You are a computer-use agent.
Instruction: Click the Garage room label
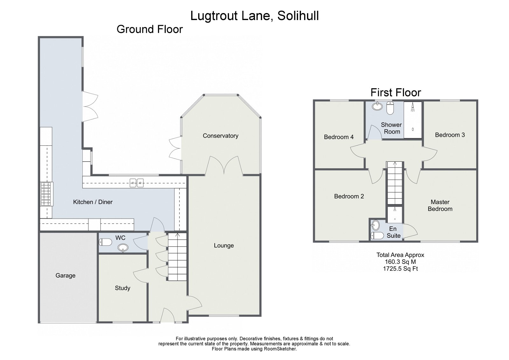click(x=66, y=276)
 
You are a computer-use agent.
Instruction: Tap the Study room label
click(x=122, y=288)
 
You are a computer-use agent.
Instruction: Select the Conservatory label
click(x=220, y=136)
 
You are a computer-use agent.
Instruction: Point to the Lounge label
click(x=224, y=245)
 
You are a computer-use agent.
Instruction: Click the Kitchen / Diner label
click(x=93, y=202)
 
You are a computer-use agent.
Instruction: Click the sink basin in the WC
click(x=123, y=248)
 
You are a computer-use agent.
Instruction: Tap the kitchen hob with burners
click(x=46, y=194)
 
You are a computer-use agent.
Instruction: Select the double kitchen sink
click(x=137, y=183)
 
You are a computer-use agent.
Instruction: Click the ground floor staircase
click(x=177, y=257)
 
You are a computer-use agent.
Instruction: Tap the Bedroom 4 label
click(x=338, y=137)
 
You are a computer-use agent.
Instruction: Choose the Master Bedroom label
click(x=440, y=206)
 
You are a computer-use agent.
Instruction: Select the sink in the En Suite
click(x=376, y=225)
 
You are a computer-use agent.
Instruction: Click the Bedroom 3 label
click(x=450, y=135)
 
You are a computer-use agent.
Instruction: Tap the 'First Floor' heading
click(x=396, y=93)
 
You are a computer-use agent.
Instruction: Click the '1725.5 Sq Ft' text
click(x=400, y=269)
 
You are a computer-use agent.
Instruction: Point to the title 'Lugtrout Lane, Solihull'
click(x=254, y=16)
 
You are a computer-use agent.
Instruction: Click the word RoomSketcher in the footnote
click(x=280, y=349)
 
